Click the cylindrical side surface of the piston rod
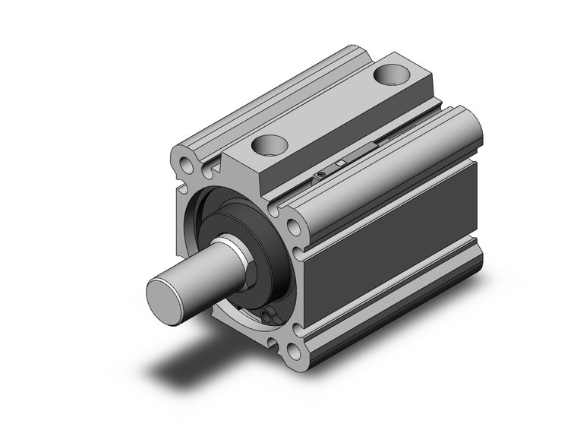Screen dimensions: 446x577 tap(199, 270)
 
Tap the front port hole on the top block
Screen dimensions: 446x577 tap(271, 144)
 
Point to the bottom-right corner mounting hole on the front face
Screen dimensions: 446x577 tap(290, 352)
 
